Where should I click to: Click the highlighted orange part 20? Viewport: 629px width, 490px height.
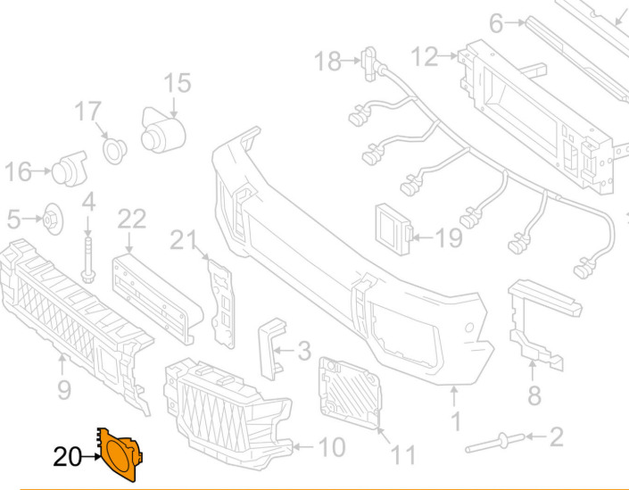(x=118, y=453)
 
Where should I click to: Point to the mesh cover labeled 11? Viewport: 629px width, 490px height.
(x=350, y=389)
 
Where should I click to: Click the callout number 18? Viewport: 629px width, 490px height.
(x=327, y=61)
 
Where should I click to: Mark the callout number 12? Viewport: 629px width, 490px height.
(x=424, y=58)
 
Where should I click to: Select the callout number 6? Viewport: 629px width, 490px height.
(x=497, y=24)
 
